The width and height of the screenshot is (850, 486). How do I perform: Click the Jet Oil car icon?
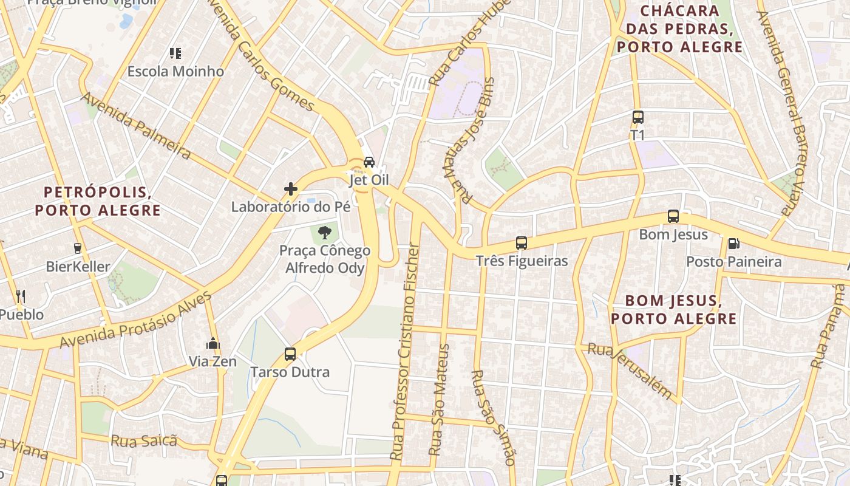pyautogui.click(x=369, y=162)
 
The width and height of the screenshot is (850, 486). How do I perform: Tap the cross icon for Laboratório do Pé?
pyautogui.click(x=291, y=189)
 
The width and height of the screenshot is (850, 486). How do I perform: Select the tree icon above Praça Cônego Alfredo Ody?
pyautogui.click(x=325, y=231)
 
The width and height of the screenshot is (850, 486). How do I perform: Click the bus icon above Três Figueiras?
pyautogui.click(x=522, y=243)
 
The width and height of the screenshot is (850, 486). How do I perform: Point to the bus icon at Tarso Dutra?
pyautogui.click(x=290, y=354)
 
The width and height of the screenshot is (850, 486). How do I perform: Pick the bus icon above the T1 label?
pyautogui.click(x=637, y=117)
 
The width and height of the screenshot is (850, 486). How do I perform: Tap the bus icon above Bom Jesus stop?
pyautogui.click(x=673, y=216)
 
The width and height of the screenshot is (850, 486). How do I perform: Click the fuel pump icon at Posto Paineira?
pyautogui.click(x=733, y=244)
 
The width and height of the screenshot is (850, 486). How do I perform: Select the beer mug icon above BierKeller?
pyautogui.click(x=78, y=248)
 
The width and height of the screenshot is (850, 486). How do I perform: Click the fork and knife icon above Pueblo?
pyautogui.click(x=21, y=296)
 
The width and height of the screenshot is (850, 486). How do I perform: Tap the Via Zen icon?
pyautogui.click(x=212, y=344)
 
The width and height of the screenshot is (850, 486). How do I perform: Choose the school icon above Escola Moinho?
pyautogui.click(x=175, y=53)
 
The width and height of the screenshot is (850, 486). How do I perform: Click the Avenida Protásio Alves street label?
pyautogui.click(x=136, y=320)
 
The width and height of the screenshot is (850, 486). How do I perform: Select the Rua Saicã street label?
pyautogui.click(x=144, y=440)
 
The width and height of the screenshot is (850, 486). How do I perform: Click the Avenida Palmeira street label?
pyautogui.click(x=137, y=126)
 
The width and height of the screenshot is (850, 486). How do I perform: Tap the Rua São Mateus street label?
pyautogui.click(x=439, y=400)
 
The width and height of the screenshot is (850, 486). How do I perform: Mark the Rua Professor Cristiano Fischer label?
pyautogui.click(x=405, y=351)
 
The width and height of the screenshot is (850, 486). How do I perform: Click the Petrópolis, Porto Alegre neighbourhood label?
pyautogui.click(x=98, y=202)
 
